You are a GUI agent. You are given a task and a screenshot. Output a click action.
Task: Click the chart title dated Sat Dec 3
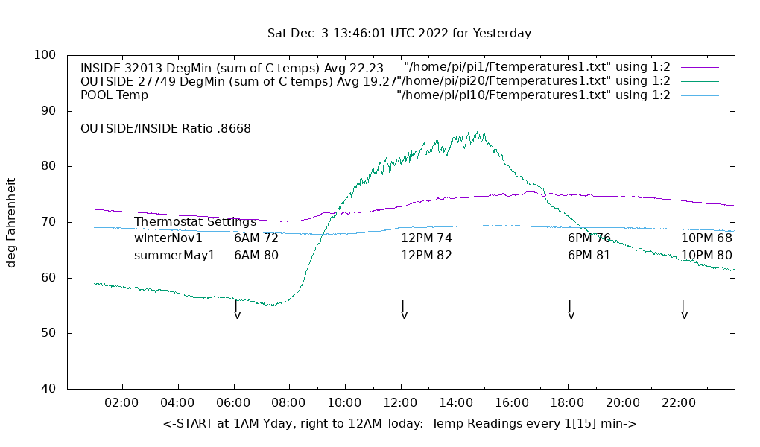tap(399, 34)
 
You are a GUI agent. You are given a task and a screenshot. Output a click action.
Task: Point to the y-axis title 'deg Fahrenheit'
tap(12, 222)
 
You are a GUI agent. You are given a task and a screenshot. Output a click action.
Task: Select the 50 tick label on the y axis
tap(48, 333)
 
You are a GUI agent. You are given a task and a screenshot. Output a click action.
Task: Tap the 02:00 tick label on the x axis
tap(121, 403)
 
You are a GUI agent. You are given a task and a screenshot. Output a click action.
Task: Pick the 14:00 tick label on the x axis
tap(455, 403)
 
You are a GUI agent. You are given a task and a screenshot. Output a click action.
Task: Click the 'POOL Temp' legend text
tap(114, 95)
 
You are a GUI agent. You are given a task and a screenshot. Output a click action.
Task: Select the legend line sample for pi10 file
tap(699, 95)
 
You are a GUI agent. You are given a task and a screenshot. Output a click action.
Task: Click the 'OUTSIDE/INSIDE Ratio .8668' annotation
tap(165, 128)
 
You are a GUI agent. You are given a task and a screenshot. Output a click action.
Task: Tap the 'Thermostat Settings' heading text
tap(195, 222)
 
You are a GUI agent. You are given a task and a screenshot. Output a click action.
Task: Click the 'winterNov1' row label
tap(168, 238)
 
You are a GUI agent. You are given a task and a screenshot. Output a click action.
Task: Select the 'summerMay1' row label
tap(174, 255)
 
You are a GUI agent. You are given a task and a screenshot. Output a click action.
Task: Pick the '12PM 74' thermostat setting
tap(426, 238)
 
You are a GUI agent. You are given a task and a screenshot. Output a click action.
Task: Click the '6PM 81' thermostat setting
tap(589, 255)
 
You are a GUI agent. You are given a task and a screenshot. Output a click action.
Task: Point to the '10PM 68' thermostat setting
tap(706, 238)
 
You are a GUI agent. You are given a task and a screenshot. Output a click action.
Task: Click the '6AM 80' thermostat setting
tap(256, 255)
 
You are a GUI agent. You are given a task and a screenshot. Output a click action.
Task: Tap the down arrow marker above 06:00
tap(237, 310)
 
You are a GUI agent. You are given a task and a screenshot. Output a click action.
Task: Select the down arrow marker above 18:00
tap(571, 310)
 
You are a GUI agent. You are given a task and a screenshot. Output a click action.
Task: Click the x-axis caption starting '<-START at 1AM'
tap(399, 424)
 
